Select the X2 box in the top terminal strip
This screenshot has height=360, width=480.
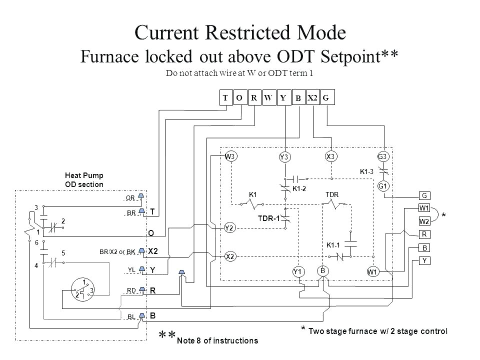tap(312, 98)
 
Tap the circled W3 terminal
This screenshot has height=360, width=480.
tap(230, 156)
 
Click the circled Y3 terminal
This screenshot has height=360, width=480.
tap(284, 157)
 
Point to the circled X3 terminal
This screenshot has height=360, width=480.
tap(330, 156)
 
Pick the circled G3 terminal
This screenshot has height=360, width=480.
tap(383, 156)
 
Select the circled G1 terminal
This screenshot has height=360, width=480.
tap(383, 186)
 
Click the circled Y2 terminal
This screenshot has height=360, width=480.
tap(230, 228)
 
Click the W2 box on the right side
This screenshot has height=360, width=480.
tap(424, 221)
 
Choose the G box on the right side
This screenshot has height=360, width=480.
tap(424, 195)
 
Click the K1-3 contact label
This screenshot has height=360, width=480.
tap(367, 171)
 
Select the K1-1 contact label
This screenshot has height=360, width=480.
tap(334, 245)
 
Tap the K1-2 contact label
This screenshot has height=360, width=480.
tap(299, 188)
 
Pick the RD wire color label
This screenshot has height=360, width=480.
tap(131, 290)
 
